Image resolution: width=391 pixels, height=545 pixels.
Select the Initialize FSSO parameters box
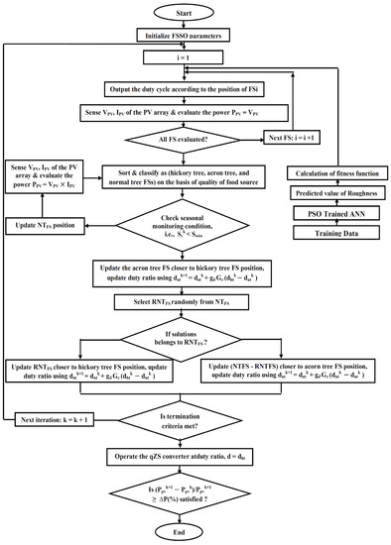(195, 38)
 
